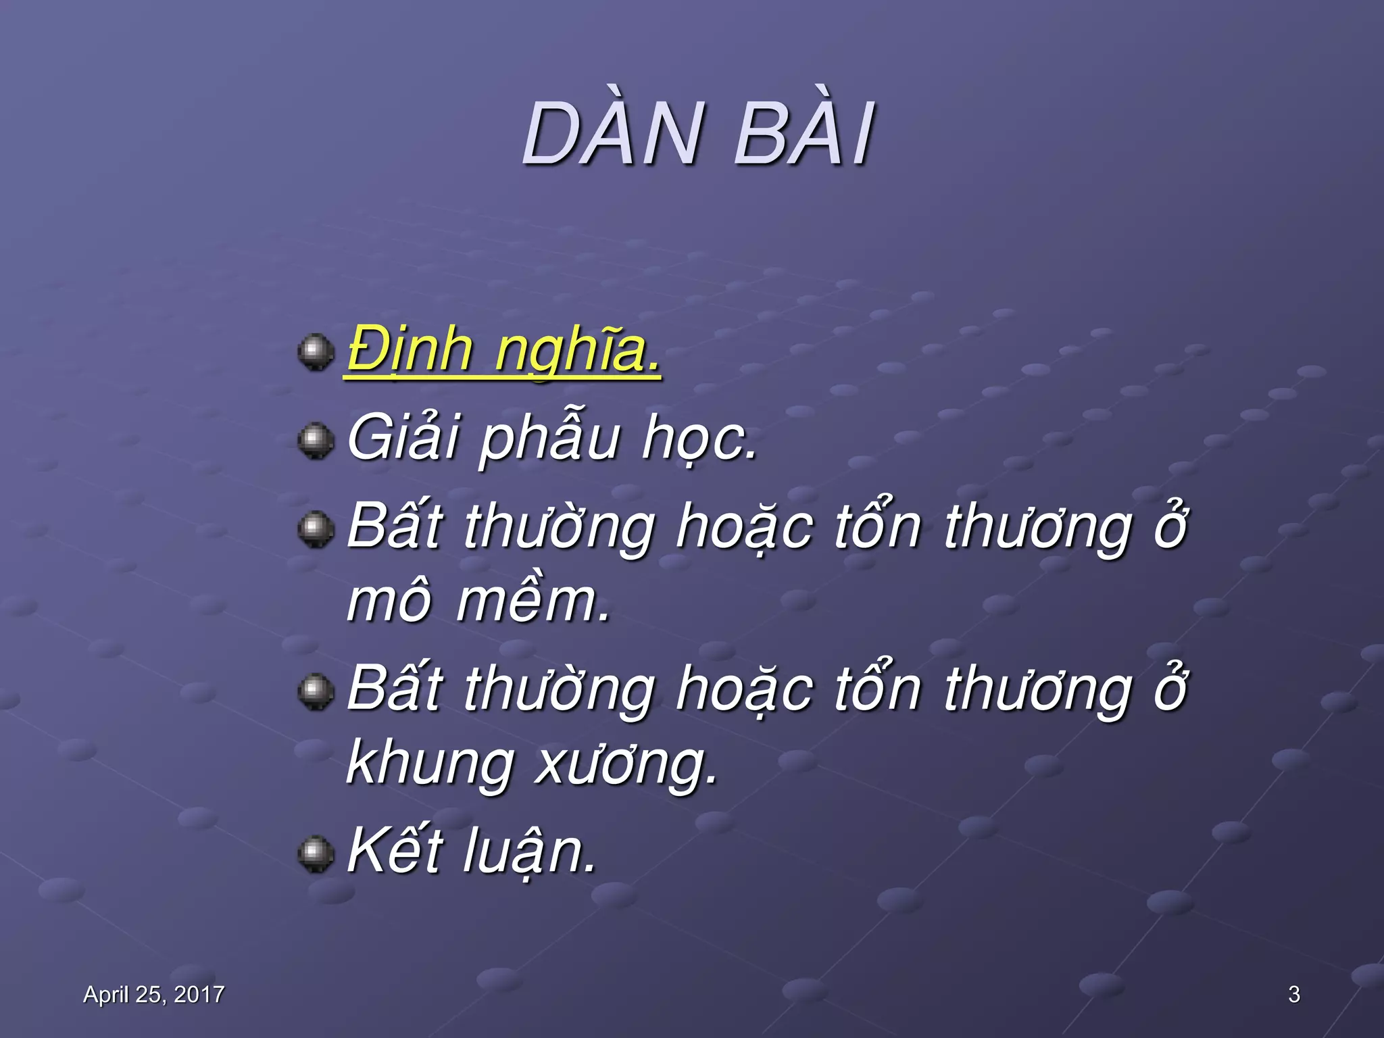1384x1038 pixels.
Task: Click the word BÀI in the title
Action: click(x=804, y=136)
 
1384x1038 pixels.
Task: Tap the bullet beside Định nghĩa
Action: click(x=316, y=352)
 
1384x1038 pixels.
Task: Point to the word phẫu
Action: click(x=549, y=439)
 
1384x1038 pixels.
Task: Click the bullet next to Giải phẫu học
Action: click(x=316, y=441)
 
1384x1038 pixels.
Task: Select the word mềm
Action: click(x=533, y=601)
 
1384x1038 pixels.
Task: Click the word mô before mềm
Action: click(x=389, y=602)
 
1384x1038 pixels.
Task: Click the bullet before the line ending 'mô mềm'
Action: click(x=316, y=529)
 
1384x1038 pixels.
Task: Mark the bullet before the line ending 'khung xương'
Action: click(x=316, y=691)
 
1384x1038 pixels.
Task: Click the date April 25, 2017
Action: click(x=153, y=994)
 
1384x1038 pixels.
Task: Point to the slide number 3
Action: click(x=1293, y=994)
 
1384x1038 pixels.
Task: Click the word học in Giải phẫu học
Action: click(x=699, y=439)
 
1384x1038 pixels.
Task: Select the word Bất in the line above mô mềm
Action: click(x=395, y=526)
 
